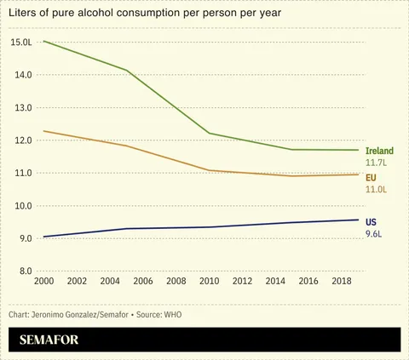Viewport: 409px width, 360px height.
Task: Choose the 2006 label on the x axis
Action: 143,281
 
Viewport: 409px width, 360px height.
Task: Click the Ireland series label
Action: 379,151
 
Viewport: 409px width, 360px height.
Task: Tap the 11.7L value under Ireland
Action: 377,162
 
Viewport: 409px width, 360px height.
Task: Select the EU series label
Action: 371,177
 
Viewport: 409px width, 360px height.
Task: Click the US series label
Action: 371,220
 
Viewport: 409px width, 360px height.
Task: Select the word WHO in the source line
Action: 173,314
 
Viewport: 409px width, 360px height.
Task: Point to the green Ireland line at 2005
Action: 126,70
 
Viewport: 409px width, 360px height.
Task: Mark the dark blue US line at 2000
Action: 43,237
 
